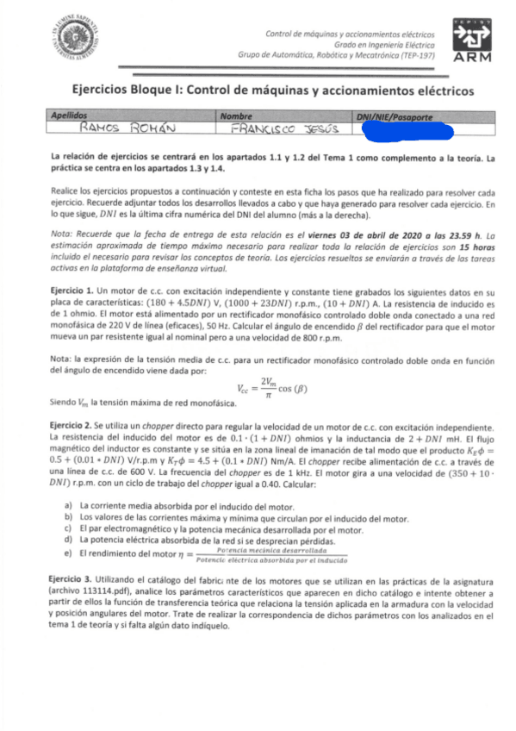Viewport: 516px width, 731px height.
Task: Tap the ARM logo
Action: pyautogui.click(x=469, y=40)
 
